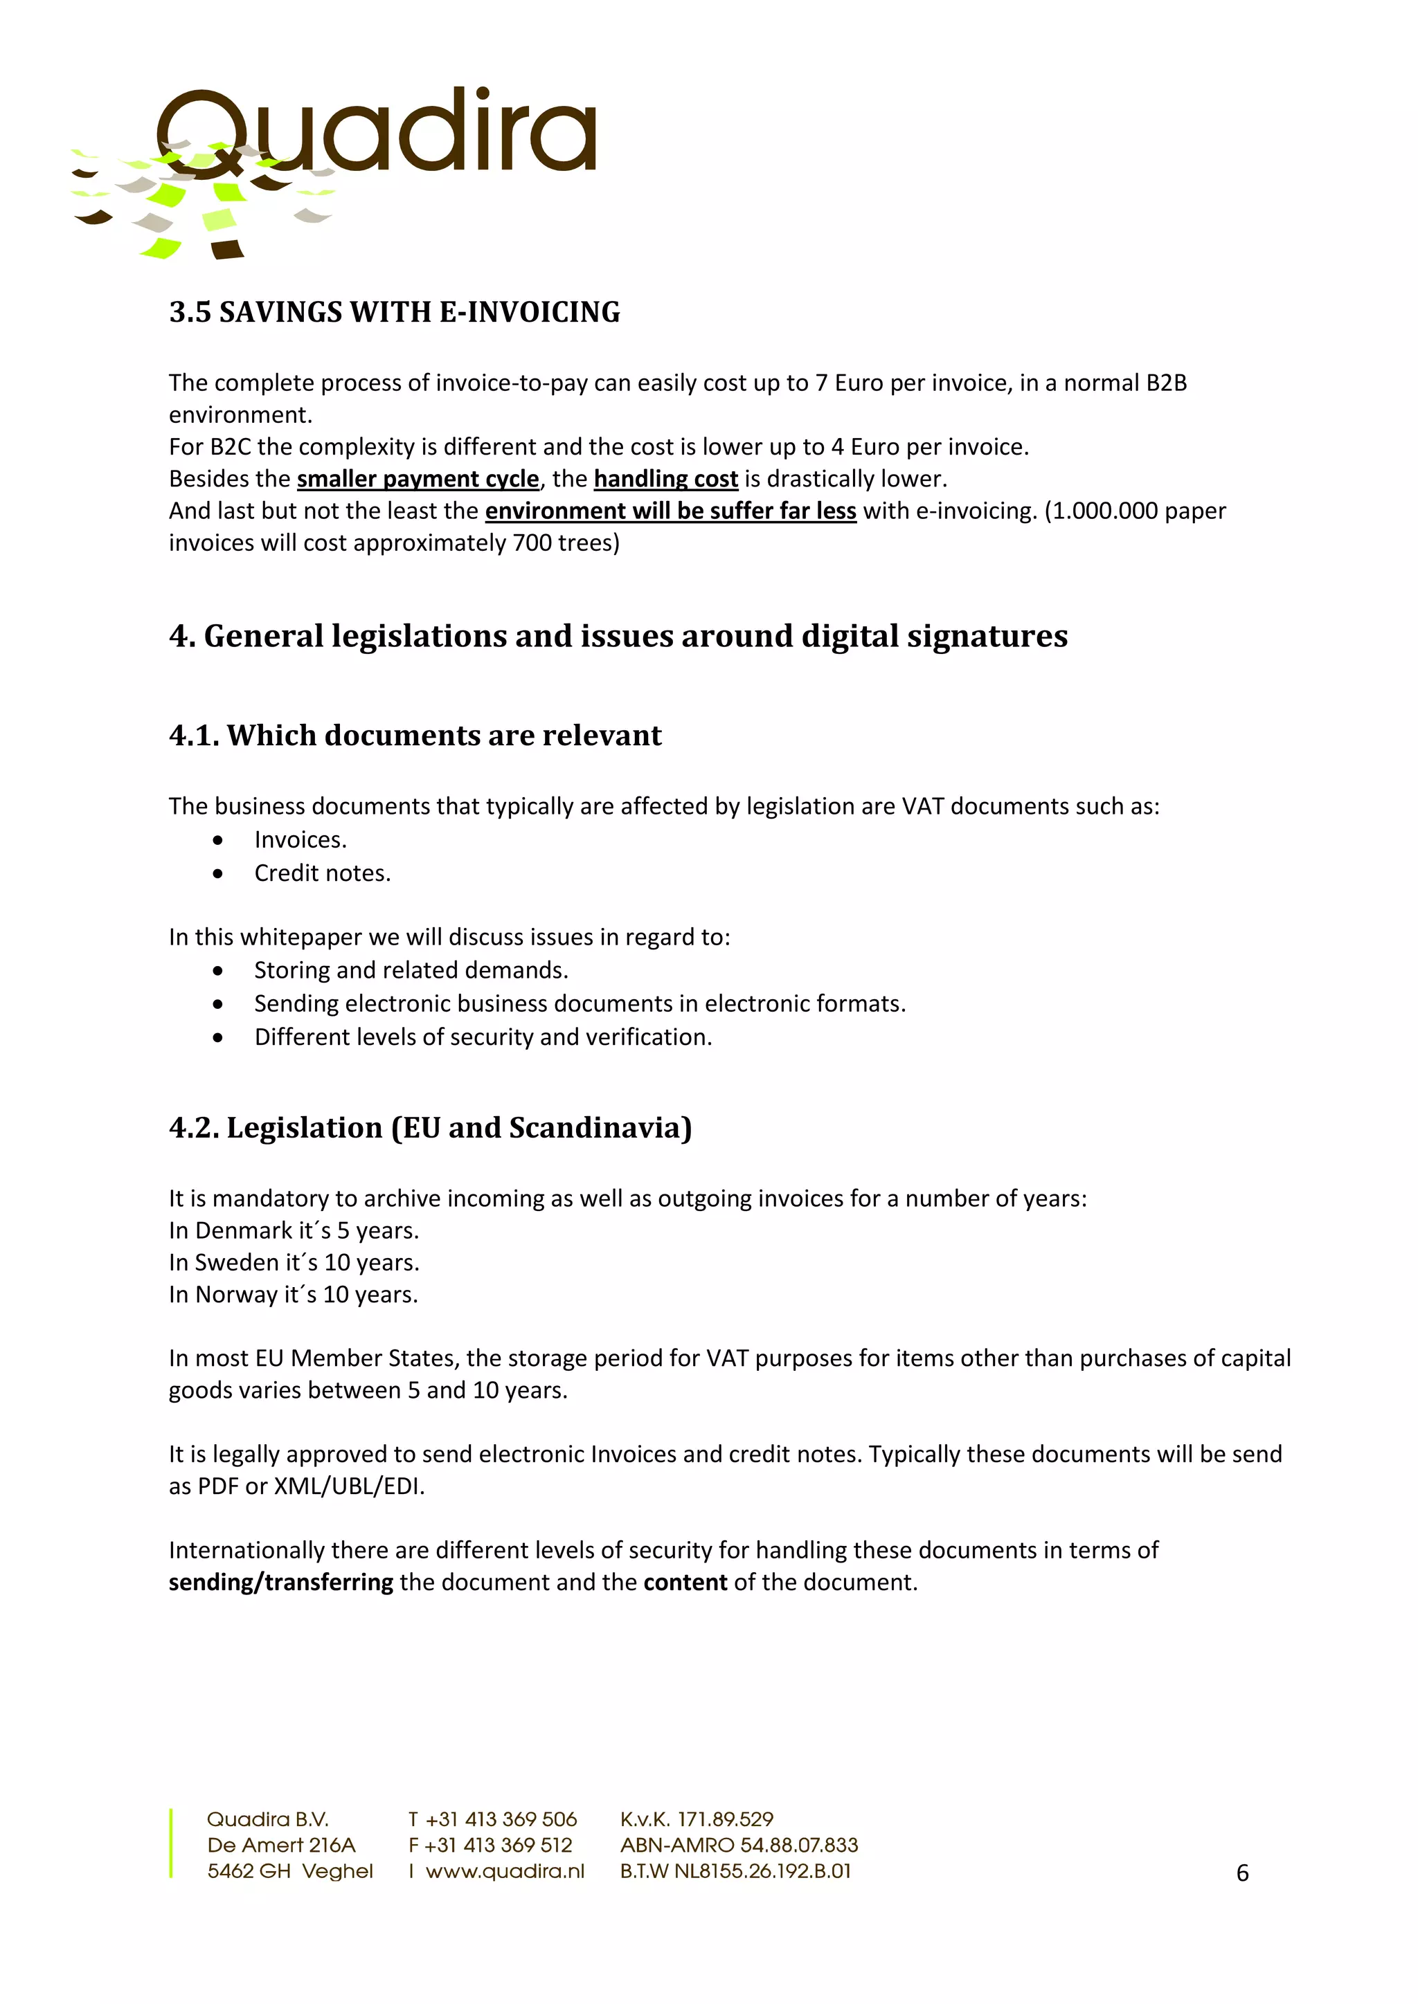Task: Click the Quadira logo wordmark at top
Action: (375, 134)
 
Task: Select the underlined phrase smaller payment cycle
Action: (418, 478)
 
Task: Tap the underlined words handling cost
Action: (665, 478)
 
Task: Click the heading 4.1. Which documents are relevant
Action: (415, 735)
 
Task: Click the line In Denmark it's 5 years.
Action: (294, 1230)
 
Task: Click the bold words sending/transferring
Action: (280, 1582)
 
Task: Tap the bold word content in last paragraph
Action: (685, 1582)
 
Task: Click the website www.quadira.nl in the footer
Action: (505, 1870)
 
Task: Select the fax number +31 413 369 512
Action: (498, 1844)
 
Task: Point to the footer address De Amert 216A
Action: (280, 1844)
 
